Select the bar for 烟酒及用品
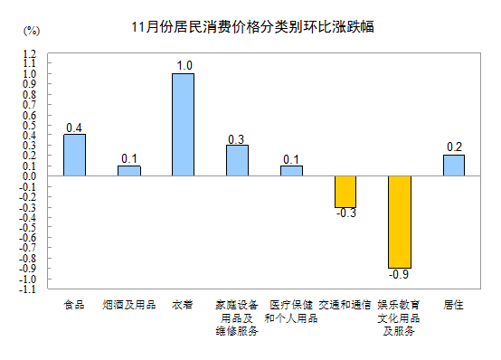tap(128, 171)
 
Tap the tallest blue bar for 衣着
tap(183, 125)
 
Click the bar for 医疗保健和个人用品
tap(291, 171)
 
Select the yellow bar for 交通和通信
tap(345, 192)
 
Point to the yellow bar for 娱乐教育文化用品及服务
tap(400, 223)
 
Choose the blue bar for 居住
tap(454, 166)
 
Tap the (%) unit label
tap(31, 31)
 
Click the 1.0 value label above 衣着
tap(184, 65)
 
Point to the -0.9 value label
tap(399, 274)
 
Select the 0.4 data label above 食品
tap(74, 127)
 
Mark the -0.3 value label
tap(345, 213)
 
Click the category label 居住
tap(454, 306)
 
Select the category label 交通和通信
tap(345, 306)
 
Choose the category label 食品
tap(74, 306)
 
